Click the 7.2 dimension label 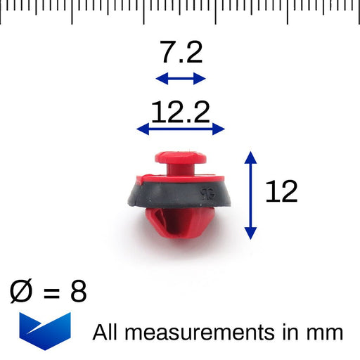(180, 52)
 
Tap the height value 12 (281, 192)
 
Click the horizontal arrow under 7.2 (180, 78)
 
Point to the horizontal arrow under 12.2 (180, 129)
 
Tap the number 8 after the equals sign (78, 290)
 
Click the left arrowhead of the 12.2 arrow (141, 129)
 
